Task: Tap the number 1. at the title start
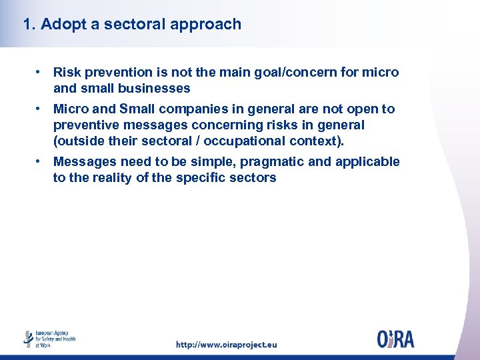[29, 25]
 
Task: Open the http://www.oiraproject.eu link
[226, 345]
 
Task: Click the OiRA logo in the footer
[395, 339]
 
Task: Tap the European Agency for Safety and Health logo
[50, 339]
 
